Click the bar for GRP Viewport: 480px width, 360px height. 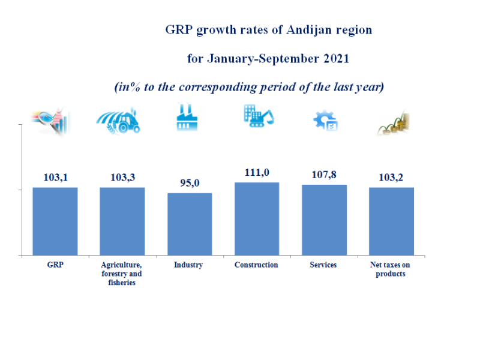tap(55, 221)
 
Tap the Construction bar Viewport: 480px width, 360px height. tap(257, 219)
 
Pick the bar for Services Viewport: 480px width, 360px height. tap(324, 220)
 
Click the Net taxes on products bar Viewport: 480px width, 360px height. tap(391, 221)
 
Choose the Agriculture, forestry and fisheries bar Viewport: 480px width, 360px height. tap(122, 221)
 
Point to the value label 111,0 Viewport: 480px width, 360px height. tap(257, 172)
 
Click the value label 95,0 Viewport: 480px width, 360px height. tap(190, 183)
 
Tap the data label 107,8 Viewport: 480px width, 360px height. tap(324, 175)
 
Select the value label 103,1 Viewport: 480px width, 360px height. tap(55, 178)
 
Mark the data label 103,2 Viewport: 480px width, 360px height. tap(391, 178)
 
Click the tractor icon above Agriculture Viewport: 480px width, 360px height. tap(120, 122)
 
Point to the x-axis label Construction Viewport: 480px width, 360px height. tap(256, 265)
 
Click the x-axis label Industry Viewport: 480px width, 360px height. tap(188, 265)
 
